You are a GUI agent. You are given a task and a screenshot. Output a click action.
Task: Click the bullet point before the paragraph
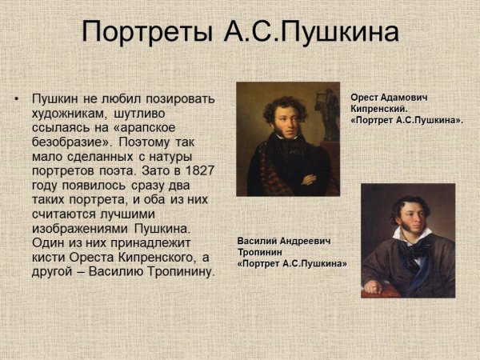[16, 99]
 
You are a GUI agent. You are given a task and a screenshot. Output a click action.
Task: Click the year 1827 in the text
[199, 171]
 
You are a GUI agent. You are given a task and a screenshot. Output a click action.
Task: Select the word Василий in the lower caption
[259, 240]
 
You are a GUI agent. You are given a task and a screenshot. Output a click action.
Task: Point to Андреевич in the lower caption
[307, 240]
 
